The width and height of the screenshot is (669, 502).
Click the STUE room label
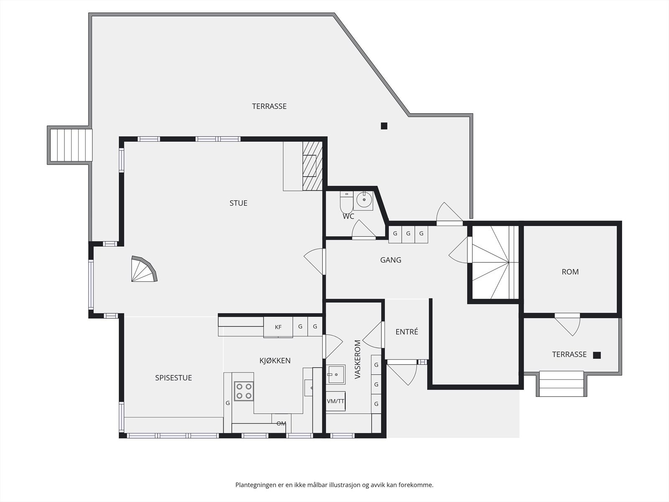coord(238,203)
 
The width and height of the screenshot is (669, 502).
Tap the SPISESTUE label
coord(174,378)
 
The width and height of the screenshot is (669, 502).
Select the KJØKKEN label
coord(275,361)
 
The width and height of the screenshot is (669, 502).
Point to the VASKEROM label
coord(357,359)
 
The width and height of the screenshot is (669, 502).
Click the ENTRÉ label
coord(406,332)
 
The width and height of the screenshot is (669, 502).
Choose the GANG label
coord(391,260)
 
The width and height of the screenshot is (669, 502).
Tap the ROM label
coord(570,272)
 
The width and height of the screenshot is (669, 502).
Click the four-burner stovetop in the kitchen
coord(244,391)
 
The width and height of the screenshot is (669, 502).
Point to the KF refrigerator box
coord(278,327)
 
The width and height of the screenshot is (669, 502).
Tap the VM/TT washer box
coord(336,401)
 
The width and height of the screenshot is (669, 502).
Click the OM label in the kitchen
coord(281,423)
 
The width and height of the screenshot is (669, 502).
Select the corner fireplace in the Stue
coord(144,269)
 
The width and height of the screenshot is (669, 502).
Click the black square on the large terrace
coord(384,126)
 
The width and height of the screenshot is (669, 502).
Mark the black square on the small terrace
coord(597,355)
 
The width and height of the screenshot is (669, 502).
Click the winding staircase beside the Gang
coord(495,262)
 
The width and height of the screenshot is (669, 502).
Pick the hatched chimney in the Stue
coord(312,166)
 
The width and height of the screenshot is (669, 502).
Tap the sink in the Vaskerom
coord(336,374)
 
